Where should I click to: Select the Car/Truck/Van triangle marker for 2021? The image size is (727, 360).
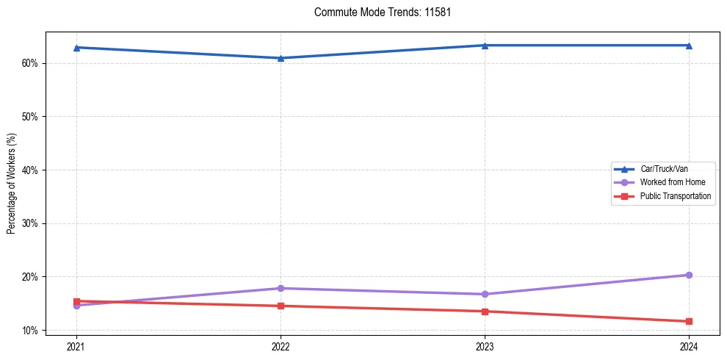point(76,48)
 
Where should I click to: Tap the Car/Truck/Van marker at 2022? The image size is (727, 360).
point(281,58)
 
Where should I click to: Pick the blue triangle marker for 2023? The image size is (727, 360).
point(485,46)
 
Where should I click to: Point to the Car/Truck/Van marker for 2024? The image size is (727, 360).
point(689,46)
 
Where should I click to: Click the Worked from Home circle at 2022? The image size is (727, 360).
point(281,288)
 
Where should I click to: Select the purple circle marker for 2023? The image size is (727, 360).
point(485,294)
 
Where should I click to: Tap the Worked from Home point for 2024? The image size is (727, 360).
point(689,275)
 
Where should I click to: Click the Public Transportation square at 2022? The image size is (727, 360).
point(281,306)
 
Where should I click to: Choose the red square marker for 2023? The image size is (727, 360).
point(485,312)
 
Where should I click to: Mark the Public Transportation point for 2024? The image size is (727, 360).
point(689,321)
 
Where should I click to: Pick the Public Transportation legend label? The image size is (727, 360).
point(675,196)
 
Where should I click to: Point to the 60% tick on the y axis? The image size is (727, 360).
point(30,63)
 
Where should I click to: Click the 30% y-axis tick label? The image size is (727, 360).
point(30,223)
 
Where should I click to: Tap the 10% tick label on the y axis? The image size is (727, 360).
point(30,331)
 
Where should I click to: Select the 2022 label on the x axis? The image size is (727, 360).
point(281,345)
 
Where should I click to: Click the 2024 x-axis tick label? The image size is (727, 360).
point(689,345)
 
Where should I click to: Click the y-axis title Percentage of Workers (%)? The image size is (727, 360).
point(11,184)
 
